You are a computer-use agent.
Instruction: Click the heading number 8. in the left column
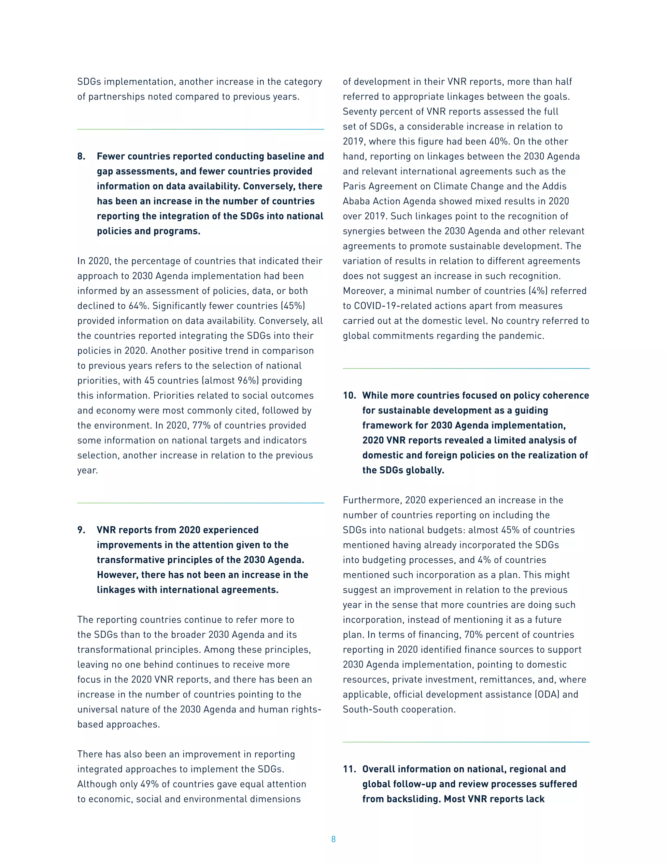(81, 156)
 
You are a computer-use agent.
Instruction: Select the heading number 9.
(81, 530)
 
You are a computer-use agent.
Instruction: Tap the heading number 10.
(349, 395)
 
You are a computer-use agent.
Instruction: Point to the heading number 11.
(349, 769)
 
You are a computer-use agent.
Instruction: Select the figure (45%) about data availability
(292, 306)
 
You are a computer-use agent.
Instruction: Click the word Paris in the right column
(354, 186)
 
